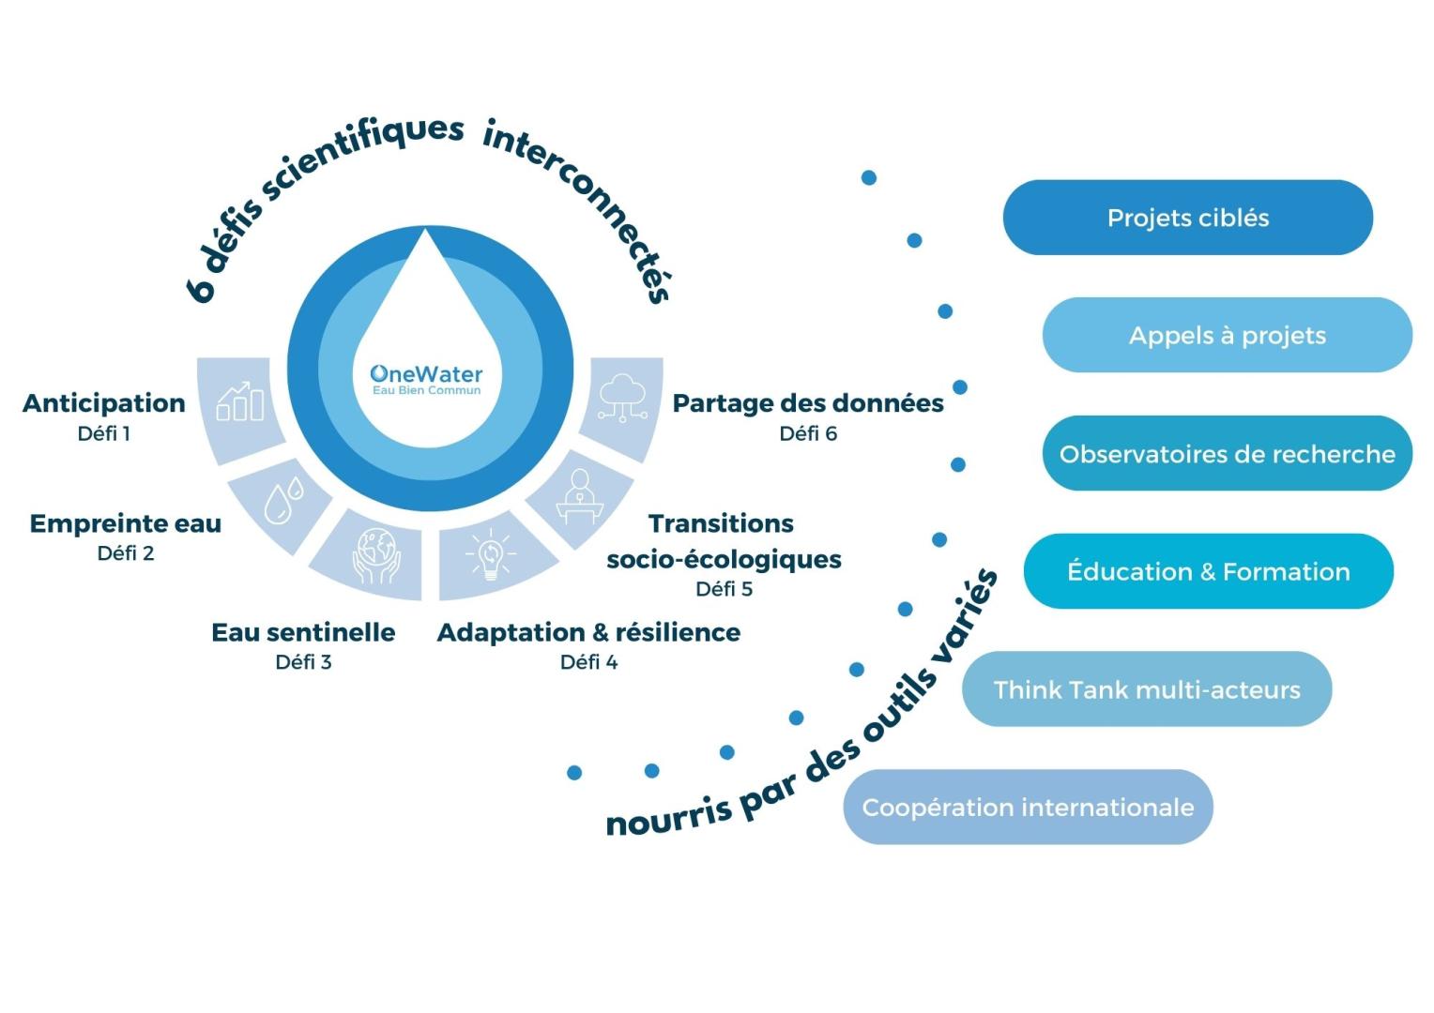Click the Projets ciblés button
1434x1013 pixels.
tap(1187, 218)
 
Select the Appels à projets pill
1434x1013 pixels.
tap(1227, 336)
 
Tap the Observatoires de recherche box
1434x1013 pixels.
tap(1227, 454)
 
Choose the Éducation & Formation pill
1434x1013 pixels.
tap(1208, 571)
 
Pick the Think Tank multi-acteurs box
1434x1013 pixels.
tap(1146, 689)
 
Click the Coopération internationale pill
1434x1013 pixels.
tap(1028, 808)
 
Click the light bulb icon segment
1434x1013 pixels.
tap(489, 554)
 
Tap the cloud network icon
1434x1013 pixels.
tap(622, 398)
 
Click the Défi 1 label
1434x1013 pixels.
tap(104, 433)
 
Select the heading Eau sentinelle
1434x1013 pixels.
tap(303, 632)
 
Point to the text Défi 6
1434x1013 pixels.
tap(808, 433)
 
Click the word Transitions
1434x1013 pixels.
tap(721, 523)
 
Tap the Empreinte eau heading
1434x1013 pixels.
tap(126, 523)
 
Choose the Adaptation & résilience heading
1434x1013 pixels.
tap(588, 632)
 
